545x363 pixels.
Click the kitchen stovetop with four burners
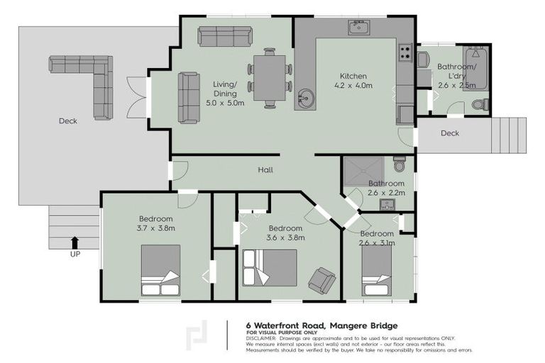406,51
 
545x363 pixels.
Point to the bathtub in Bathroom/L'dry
475,68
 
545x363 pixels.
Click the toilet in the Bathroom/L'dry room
480,105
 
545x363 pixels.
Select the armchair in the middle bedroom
322,280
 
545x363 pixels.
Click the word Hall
265,170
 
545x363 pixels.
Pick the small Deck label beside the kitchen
450,133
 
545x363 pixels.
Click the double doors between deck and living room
136,97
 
